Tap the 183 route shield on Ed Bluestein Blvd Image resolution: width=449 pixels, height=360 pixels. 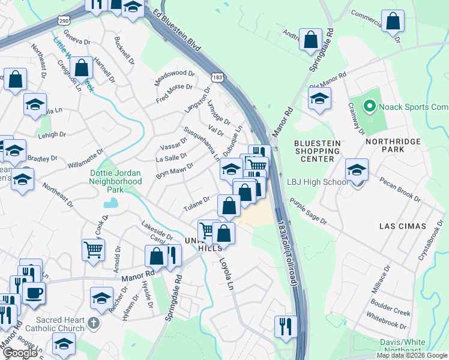(x=218, y=77)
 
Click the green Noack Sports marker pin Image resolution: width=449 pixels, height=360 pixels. (x=369, y=107)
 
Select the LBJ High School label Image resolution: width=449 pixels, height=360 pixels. (x=318, y=182)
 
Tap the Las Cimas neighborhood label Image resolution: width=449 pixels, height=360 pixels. (x=403, y=226)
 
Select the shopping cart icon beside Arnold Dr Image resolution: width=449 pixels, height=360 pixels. (x=93, y=248)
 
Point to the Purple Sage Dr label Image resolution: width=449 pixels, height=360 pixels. (x=308, y=211)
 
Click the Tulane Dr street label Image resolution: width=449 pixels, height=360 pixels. (x=196, y=204)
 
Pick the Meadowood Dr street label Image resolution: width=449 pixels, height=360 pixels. (x=175, y=77)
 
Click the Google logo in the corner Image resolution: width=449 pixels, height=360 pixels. (x=19, y=353)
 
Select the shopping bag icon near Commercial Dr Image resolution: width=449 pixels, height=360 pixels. (x=393, y=22)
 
